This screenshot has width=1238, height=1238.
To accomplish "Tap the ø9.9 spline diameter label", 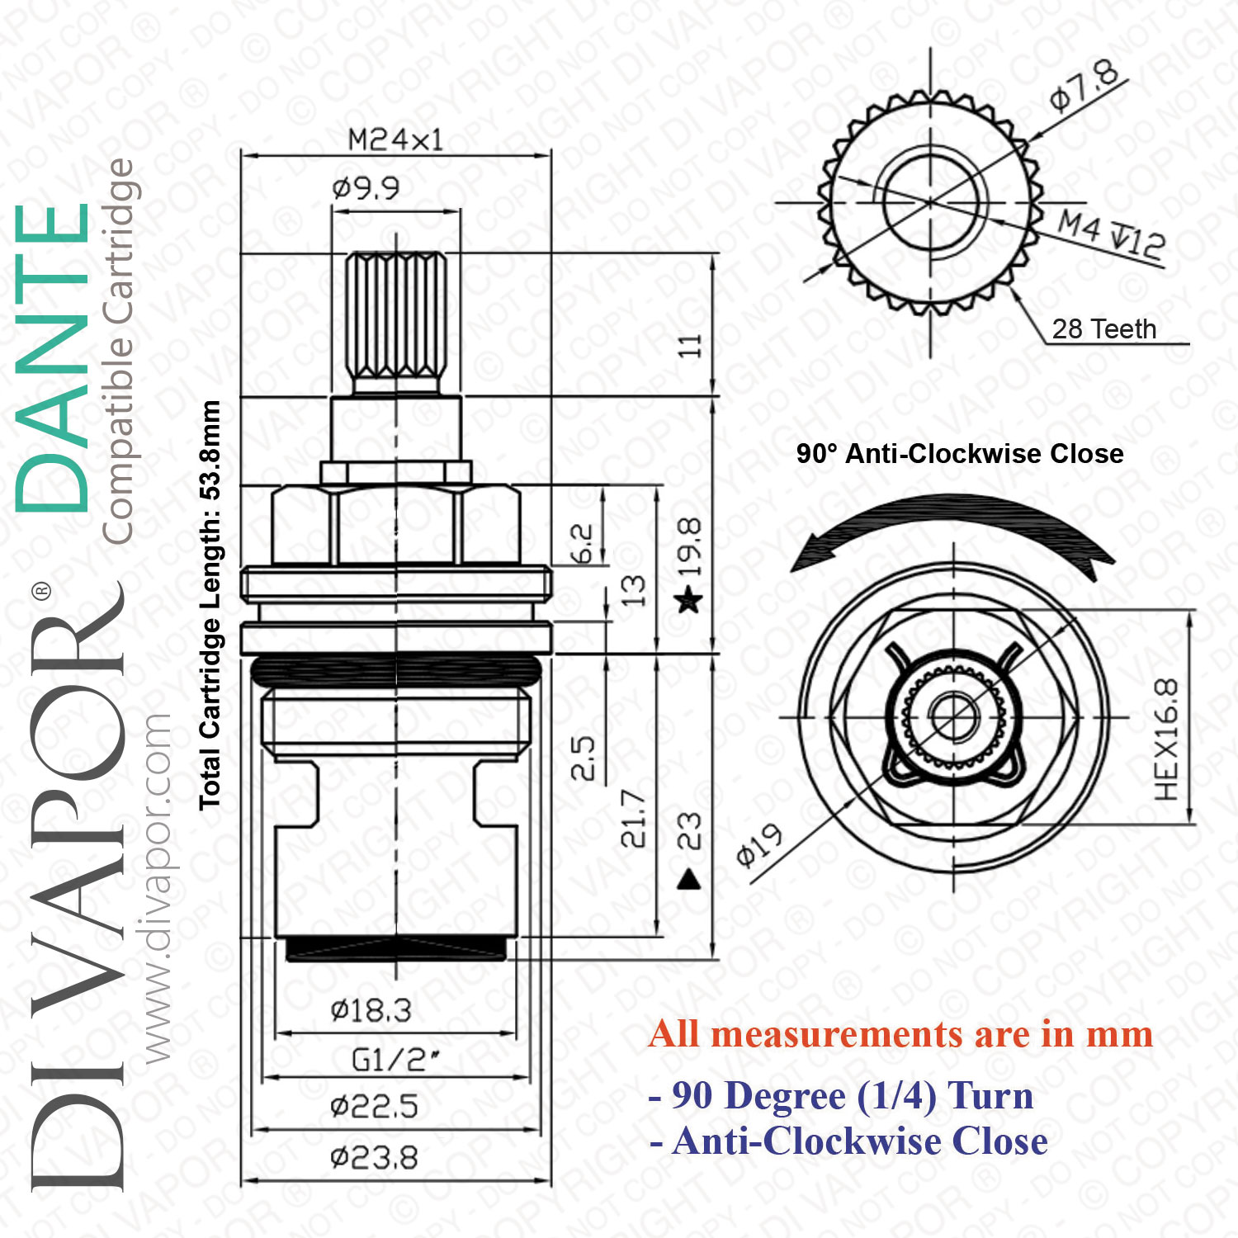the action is tap(366, 188).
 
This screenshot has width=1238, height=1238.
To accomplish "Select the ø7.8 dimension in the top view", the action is tap(1084, 85).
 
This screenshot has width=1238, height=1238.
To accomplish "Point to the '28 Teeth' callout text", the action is tap(1103, 328).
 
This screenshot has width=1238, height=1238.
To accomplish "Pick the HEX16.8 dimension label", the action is tap(1166, 739).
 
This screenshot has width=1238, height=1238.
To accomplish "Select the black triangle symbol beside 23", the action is tap(689, 880).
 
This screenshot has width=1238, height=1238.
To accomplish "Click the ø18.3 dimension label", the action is tap(371, 1010).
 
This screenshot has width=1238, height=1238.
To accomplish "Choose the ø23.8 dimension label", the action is tap(374, 1158).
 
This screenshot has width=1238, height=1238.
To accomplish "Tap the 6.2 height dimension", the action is tap(582, 543).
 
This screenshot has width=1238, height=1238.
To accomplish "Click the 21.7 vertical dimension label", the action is tap(634, 819).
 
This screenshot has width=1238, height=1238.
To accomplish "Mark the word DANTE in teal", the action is tap(53, 358).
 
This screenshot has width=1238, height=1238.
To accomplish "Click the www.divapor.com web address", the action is tap(156, 888).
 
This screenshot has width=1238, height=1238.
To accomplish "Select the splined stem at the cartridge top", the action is tap(395, 322).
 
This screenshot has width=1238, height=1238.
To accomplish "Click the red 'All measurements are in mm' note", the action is tap(900, 1034).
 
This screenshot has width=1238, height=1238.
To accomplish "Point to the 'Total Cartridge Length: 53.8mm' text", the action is tap(210, 605).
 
